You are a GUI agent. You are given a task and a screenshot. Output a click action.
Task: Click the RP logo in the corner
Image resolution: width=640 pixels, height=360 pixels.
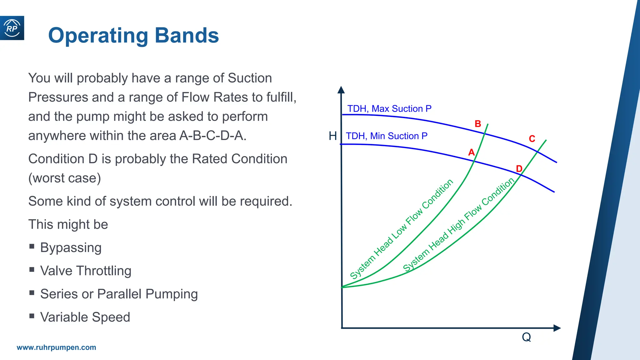click(x=12, y=28)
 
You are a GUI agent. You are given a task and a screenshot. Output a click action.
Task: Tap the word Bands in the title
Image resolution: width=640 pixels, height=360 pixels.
click(x=187, y=35)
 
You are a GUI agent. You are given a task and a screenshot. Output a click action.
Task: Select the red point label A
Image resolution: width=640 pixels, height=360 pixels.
click(x=471, y=152)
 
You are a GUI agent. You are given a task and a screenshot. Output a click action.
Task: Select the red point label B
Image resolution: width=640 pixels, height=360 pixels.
click(x=478, y=124)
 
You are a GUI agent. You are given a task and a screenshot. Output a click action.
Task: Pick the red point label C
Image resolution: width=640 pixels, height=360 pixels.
click(x=532, y=139)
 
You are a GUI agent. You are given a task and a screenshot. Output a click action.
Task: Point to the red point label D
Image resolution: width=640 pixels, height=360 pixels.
click(x=519, y=169)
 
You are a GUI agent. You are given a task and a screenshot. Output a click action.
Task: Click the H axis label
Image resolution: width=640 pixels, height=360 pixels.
click(x=333, y=136)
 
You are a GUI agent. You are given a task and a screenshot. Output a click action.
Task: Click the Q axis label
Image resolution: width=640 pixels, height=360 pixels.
click(x=526, y=337)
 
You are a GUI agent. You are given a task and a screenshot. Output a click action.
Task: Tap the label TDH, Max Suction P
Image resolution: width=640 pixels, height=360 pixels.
click(x=389, y=109)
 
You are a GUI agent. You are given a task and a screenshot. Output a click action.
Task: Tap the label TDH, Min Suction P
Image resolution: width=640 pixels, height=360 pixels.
click(x=386, y=136)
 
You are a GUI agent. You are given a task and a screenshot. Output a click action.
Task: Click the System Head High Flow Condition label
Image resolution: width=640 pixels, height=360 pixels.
click(x=458, y=225)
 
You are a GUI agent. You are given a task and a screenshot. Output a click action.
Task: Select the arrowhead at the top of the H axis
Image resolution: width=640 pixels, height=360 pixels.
click(x=341, y=90)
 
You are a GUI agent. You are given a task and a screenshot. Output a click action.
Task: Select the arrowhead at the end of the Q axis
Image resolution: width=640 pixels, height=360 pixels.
click(x=557, y=328)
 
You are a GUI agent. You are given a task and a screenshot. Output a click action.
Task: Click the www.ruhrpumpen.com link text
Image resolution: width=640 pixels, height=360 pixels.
click(x=56, y=347)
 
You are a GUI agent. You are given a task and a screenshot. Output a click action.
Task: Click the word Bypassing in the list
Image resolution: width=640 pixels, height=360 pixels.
click(x=71, y=248)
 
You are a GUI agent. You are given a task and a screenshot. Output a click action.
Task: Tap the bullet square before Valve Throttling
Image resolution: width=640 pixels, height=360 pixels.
click(x=32, y=269)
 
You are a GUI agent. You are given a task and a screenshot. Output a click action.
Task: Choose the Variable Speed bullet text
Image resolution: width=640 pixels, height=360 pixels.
click(x=85, y=317)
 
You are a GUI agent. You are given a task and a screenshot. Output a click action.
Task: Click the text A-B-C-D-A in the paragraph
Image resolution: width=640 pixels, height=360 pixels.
click(x=213, y=136)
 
